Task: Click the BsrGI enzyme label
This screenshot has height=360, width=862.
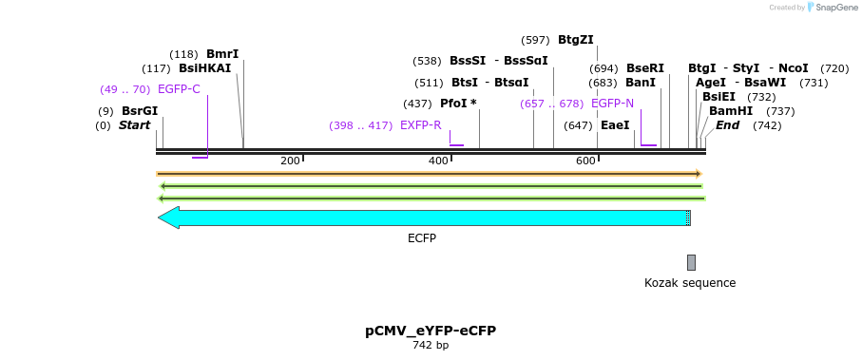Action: point(139,111)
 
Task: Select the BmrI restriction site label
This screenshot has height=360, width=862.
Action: point(222,54)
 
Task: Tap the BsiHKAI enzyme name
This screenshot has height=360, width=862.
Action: point(204,68)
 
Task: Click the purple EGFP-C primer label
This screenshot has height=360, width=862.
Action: point(179,89)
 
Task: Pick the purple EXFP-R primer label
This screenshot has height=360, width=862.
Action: point(420,125)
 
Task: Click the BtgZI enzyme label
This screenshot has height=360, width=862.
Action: point(575,40)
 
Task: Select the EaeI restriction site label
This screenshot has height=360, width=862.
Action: point(615,125)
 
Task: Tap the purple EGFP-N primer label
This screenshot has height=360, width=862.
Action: point(612,104)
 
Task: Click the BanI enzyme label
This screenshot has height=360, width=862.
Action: point(641,83)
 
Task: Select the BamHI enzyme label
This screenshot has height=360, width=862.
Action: point(730,111)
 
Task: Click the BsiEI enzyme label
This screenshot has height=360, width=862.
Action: point(718,97)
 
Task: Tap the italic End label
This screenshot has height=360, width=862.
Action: point(728,125)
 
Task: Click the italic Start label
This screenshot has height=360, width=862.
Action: point(134,125)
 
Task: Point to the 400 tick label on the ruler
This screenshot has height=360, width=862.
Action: point(438,161)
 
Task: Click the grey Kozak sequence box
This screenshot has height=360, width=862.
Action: point(691,262)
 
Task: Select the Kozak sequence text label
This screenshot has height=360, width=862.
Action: point(690,283)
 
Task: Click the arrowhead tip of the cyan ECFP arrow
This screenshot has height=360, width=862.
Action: point(160,218)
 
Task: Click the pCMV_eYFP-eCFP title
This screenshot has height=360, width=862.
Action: point(431,331)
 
